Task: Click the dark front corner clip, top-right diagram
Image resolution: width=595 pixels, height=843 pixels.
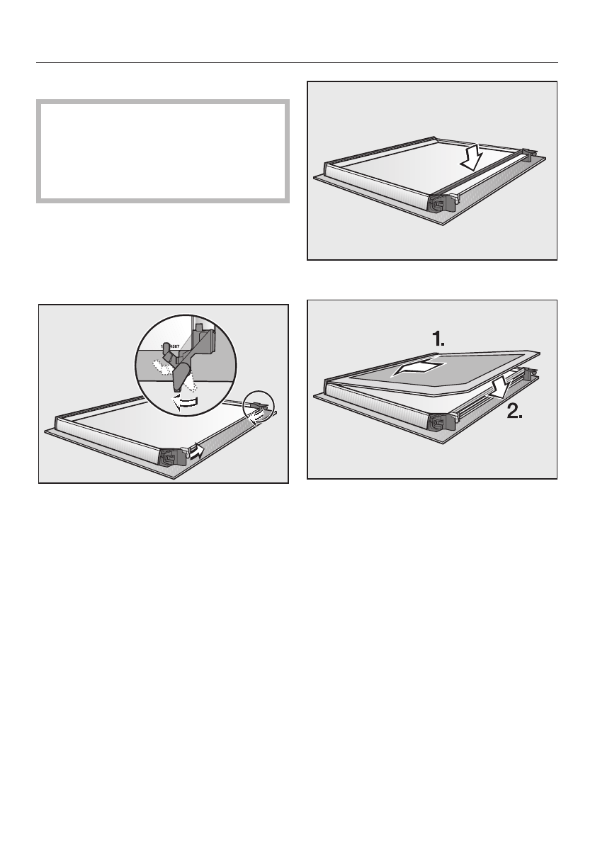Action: tap(442, 203)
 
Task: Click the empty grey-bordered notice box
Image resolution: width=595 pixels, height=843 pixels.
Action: tap(163, 152)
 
